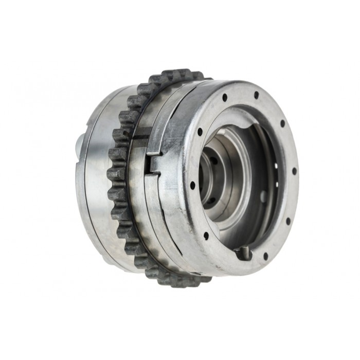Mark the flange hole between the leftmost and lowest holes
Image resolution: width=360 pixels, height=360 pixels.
point(206,236)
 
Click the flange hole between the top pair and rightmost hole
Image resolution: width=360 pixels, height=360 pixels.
point(282,123)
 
